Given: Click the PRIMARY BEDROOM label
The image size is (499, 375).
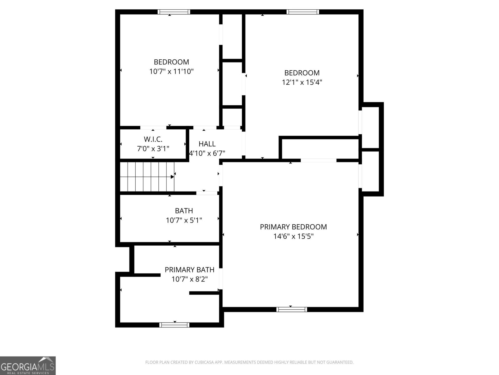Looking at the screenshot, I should click(293, 227).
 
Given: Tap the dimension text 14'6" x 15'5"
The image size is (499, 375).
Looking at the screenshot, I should click(293, 237).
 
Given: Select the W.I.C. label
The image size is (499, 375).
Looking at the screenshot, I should click(153, 139).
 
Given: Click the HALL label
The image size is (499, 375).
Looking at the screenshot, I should click(207, 144).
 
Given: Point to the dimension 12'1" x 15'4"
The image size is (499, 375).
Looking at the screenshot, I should click(302, 82).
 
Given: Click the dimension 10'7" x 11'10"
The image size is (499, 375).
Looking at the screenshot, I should click(171, 72).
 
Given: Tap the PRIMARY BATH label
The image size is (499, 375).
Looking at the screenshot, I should click(189, 270).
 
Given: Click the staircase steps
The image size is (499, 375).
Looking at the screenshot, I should click(147, 177).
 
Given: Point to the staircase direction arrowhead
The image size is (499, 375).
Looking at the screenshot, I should click(172, 177).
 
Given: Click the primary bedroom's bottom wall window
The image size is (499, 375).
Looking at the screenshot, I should click(292, 309).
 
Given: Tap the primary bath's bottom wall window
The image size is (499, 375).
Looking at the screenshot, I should click(174, 325).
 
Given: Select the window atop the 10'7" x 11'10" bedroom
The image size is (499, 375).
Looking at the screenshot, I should click(174, 12).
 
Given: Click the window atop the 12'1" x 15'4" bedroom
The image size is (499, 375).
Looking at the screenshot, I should click(303, 12).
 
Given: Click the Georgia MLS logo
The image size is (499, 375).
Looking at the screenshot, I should click(28, 365).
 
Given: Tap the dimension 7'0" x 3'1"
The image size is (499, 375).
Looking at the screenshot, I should click(153, 149).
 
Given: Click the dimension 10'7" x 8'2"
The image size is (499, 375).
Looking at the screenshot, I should click(189, 279).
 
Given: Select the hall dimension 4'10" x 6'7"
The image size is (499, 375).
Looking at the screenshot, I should click(207, 153).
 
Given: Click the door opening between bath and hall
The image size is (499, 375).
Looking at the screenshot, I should click(206, 193).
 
